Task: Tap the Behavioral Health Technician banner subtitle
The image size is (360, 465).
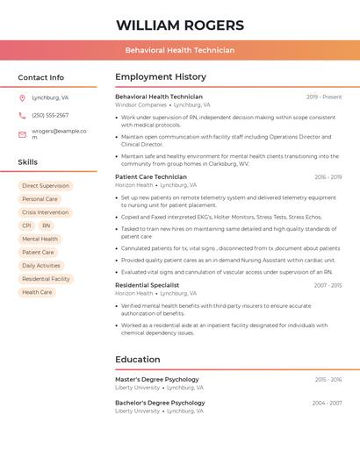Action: tap(179, 50)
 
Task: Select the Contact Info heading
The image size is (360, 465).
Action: tap(40, 77)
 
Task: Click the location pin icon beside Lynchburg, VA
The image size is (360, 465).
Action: tap(22, 97)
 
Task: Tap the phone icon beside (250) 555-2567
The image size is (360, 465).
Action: tap(22, 115)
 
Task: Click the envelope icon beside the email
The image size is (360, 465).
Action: tap(22, 133)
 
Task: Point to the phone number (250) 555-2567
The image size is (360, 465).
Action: tap(50, 115)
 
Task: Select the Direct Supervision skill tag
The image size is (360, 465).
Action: tap(46, 186)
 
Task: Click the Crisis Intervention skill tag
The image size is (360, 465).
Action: tap(45, 212)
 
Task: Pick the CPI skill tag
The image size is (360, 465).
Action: tap(26, 225)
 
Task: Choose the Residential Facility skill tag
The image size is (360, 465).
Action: tap(46, 279)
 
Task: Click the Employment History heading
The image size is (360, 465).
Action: tap(160, 77)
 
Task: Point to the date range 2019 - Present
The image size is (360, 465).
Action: tap(324, 97)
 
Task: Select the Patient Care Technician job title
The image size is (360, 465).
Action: tap(151, 177)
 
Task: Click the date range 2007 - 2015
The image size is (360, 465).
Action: tap(328, 285)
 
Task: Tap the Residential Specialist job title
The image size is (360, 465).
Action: tap(148, 285)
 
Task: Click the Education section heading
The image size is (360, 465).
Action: tap(138, 359)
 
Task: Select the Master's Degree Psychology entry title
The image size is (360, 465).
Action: tap(157, 379)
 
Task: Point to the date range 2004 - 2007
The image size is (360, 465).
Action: tap(327, 403)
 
